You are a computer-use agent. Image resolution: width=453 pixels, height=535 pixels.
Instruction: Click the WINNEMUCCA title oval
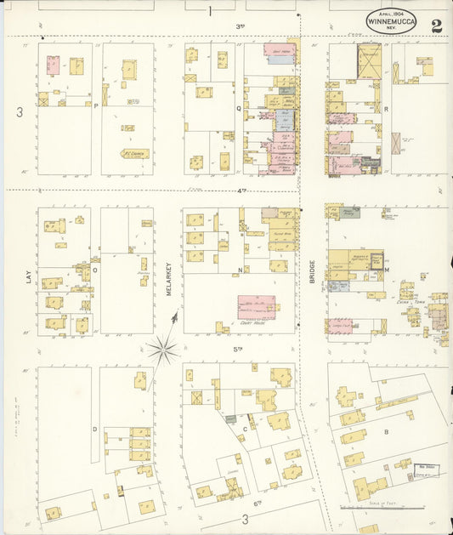391,22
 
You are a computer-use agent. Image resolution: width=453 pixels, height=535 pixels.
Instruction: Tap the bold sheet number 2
436,25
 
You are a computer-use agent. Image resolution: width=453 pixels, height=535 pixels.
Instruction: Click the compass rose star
162,348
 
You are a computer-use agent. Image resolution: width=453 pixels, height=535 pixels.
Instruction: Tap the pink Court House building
256,306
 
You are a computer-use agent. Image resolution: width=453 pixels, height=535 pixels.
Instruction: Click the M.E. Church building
134,154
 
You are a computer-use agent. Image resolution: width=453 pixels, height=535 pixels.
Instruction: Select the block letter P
96,105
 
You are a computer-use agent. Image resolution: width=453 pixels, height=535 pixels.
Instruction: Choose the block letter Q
239,108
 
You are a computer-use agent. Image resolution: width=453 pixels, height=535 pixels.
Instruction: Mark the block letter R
385,109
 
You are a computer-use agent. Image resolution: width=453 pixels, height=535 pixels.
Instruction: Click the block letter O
95,270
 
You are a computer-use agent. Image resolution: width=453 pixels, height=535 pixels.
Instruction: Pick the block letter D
94,430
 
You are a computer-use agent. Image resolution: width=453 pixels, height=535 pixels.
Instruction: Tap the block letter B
386,432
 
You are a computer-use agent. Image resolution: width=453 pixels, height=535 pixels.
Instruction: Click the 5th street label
238,348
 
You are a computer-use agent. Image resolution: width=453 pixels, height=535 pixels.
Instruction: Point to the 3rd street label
241,26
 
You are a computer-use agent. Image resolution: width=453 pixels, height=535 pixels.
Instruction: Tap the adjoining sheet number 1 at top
208,11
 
